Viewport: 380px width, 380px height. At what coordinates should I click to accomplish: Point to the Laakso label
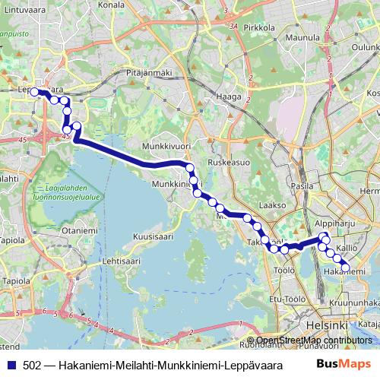(271, 205)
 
